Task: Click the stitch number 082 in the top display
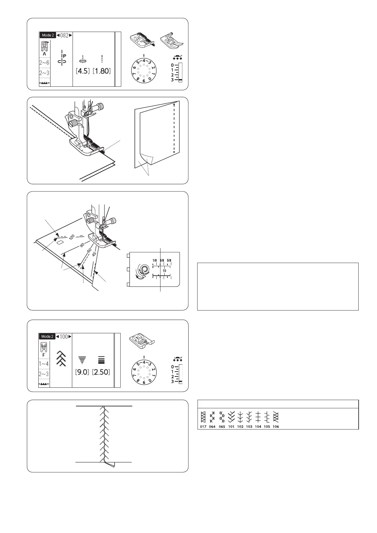(x=64, y=35)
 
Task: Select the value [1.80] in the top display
(x=102, y=71)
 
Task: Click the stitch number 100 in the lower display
(x=64, y=336)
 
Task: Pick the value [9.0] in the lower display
(x=82, y=372)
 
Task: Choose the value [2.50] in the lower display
(x=101, y=372)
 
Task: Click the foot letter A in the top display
(x=44, y=54)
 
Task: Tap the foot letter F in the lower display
(x=44, y=355)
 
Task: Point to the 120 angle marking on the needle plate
(x=72, y=237)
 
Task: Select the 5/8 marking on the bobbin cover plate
(x=169, y=260)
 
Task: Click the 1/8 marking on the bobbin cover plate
(x=154, y=260)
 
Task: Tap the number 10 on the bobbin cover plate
(x=164, y=271)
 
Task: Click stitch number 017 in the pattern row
(x=203, y=427)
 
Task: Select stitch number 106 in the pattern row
(x=276, y=427)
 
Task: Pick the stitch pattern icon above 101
(x=231, y=417)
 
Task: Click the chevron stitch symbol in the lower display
(x=61, y=359)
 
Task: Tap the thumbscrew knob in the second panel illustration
(x=101, y=107)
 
